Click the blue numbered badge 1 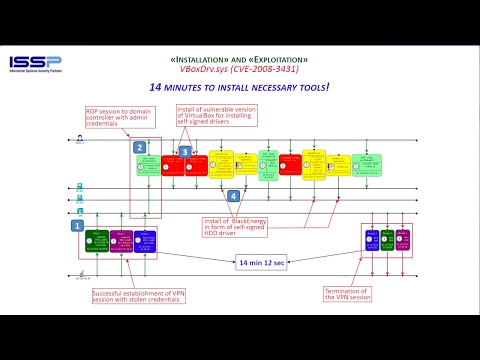(x=76, y=226)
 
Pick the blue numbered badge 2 (x=140, y=147)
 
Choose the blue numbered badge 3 (x=184, y=152)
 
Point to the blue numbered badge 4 (x=233, y=196)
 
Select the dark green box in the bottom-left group (x=98, y=241)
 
